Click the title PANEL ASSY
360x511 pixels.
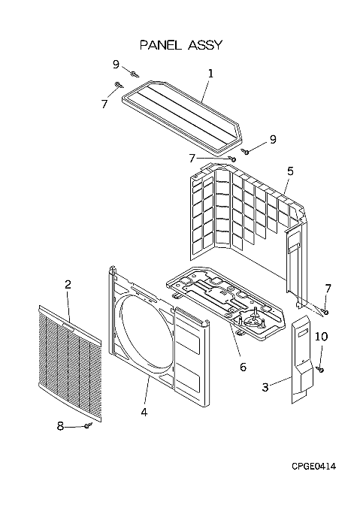click(x=181, y=45)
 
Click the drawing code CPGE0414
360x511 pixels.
click(x=313, y=467)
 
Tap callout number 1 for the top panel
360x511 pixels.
click(x=210, y=74)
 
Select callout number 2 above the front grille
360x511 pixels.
click(x=68, y=285)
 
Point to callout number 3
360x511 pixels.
click(x=265, y=387)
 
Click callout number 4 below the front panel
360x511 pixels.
click(x=144, y=413)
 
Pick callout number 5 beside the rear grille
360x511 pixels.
click(x=290, y=171)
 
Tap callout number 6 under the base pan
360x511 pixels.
click(x=243, y=367)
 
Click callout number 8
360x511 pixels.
click(x=60, y=425)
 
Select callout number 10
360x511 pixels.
click(x=321, y=337)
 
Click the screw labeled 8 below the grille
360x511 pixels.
click(x=88, y=425)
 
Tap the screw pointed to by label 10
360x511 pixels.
click(x=320, y=369)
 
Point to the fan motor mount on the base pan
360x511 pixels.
click(x=253, y=322)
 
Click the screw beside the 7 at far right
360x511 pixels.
click(x=325, y=312)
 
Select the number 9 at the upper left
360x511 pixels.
click(x=116, y=65)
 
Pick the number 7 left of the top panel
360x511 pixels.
click(x=104, y=104)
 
